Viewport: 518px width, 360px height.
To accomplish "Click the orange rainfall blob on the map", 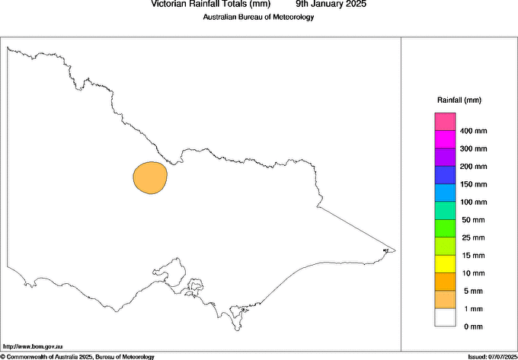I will pos(149,177).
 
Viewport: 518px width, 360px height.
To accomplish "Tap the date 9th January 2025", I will pos(331,4).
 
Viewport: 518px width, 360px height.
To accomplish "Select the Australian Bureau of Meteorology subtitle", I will pos(258,18).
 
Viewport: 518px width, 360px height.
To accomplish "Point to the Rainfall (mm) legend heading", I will pos(459,100).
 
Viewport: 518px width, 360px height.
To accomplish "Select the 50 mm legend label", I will pos(472,220).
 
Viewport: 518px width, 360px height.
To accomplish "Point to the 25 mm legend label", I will pos(472,237).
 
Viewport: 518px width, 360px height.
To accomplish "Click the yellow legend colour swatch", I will pos(445,264).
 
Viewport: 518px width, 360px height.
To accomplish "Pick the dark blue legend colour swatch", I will pos(445,175).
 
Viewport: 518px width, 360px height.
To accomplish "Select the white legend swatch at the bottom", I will pos(445,317).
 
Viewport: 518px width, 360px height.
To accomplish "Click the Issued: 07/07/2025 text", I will pos(491,356).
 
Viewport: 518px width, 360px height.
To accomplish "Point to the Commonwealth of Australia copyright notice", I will pos(78,356).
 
